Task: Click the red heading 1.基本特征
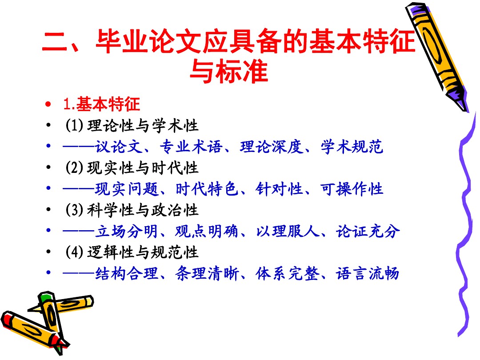click(101, 104)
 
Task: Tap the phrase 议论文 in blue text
click(119, 147)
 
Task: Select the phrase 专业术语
click(191, 147)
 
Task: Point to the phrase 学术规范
click(352, 147)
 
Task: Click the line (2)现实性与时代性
click(132, 168)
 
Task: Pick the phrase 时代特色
click(207, 189)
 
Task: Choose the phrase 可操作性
click(352, 189)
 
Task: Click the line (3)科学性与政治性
click(132, 210)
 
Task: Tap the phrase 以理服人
click(288, 231)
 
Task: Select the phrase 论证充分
click(368, 231)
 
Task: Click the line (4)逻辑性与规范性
click(132, 252)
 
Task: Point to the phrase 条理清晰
click(207, 273)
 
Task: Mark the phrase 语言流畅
click(368, 273)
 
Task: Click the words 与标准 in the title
click(229, 71)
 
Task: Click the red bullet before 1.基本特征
click(48, 104)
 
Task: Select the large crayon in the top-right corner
click(437, 57)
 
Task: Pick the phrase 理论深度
click(271, 147)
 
